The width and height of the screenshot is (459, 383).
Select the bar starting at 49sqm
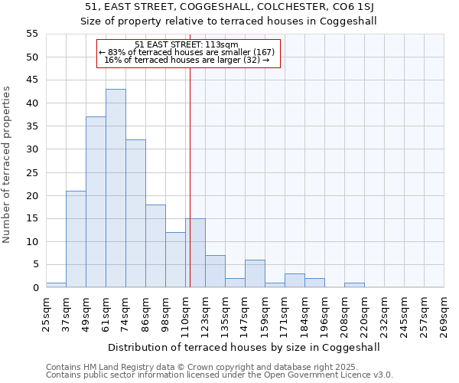click(x=96, y=202)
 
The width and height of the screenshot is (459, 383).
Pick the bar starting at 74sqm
click(x=135, y=214)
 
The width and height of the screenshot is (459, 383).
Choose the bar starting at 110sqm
click(x=195, y=253)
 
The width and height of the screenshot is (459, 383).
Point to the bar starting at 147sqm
click(x=255, y=273)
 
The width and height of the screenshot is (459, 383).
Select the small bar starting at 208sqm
click(x=354, y=285)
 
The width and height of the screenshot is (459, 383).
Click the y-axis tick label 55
click(x=32, y=34)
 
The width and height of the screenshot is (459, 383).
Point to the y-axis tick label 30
click(x=32, y=149)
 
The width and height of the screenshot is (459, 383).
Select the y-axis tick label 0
click(x=35, y=288)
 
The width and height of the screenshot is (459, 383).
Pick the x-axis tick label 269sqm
click(x=444, y=313)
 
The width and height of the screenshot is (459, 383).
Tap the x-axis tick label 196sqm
click(x=324, y=313)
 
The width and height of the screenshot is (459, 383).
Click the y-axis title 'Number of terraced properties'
click(x=7, y=165)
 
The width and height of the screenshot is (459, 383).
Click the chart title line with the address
click(x=229, y=8)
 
